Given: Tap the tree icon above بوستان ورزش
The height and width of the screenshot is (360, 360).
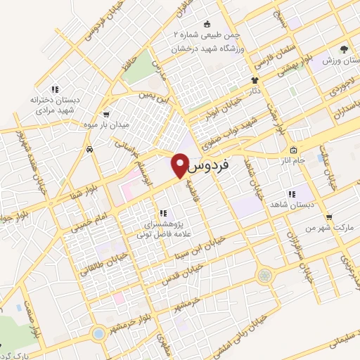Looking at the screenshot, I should [x=343, y=49].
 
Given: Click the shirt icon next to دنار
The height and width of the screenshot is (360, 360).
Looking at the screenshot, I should [x=255, y=80].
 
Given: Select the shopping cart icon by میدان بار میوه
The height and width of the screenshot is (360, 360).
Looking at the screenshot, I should [x=105, y=114].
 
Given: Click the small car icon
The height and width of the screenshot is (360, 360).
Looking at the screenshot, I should [x=91, y=149].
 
